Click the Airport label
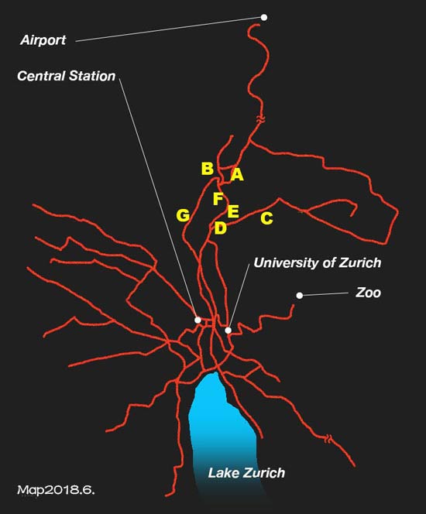43,40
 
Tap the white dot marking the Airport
264,17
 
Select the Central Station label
67,76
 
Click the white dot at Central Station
198,320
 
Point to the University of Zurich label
318,262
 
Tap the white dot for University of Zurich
228,330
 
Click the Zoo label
368,293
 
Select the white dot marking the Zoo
300,296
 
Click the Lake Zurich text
246,473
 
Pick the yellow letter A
237,174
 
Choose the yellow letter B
208,169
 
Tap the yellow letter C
267,218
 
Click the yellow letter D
221,228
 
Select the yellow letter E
233,211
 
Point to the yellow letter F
218,199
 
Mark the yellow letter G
183,215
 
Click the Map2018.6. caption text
56,490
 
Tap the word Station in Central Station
92,76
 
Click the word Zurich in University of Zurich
359,262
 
